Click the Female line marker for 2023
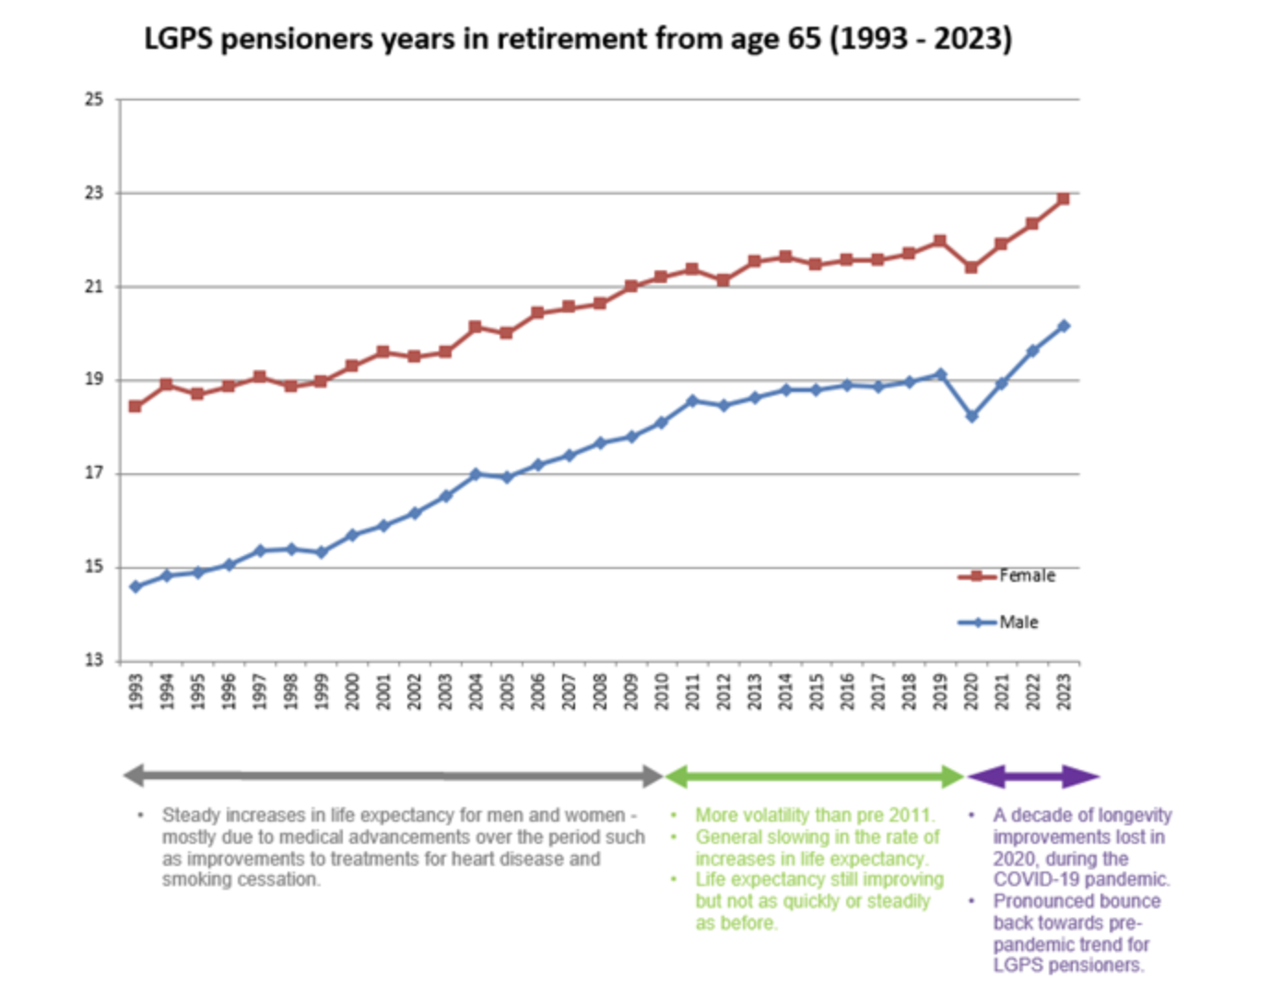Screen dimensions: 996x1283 [1064, 199]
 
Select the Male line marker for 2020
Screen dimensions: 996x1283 [971, 417]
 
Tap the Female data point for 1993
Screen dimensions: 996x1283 [135, 407]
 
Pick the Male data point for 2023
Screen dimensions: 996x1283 [1064, 326]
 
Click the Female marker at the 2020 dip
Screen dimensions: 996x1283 [971, 267]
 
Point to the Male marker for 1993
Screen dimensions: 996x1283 [135, 587]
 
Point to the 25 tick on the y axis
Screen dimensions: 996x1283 [94, 100]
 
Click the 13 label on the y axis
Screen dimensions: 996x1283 [94, 660]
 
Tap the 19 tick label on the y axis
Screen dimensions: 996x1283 [94, 380]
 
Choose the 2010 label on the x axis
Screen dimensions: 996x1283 [662, 692]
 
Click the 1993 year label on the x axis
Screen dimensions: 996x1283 [135, 692]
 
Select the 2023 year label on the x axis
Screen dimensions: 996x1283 [1064, 692]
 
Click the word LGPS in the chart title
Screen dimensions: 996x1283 [179, 40]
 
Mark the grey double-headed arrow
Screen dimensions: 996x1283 [394, 777]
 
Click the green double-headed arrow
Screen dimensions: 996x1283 [815, 777]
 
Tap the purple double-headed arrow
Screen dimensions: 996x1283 [1033, 777]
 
